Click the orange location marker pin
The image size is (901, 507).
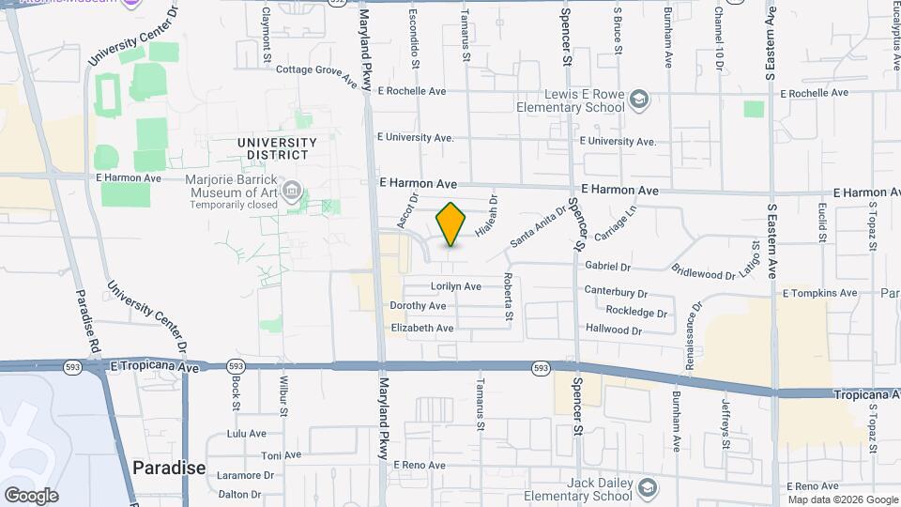[x=451, y=224]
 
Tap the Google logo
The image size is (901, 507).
[x=31, y=495]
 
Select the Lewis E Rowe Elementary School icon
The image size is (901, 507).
[x=639, y=100]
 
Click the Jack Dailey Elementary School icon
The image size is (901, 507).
[x=648, y=488]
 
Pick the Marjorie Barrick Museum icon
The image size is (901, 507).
[x=292, y=193]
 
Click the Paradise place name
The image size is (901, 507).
[x=169, y=468]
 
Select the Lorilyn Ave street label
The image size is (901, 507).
[x=455, y=286]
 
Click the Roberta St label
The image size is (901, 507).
[x=508, y=296]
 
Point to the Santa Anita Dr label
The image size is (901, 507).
[x=539, y=227]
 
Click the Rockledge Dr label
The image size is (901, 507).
[x=636, y=312]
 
